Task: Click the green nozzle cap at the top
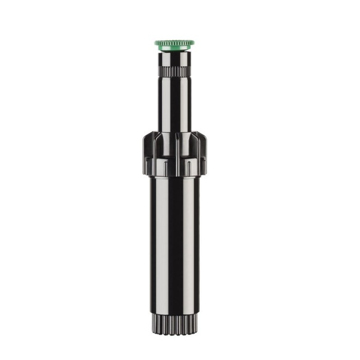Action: pos(174,43)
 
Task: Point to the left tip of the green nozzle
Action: pos(155,43)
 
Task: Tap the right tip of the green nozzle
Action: pos(193,43)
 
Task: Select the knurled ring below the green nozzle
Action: pos(175,70)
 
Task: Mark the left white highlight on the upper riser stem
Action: pos(163,104)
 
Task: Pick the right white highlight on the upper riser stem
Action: pos(186,104)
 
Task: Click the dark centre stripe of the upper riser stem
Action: pos(175,104)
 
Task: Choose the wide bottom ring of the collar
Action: pos(175,168)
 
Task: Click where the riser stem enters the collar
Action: pos(175,133)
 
